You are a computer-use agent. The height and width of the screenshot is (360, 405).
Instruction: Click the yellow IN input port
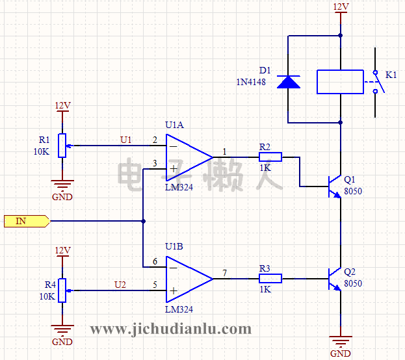pyautogui.click(x=27, y=221)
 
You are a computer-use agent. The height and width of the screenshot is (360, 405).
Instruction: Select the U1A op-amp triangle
pyautogui.click(x=186, y=157)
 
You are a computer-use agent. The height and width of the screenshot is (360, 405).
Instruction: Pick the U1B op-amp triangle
pyautogui.click(x=186, y=278)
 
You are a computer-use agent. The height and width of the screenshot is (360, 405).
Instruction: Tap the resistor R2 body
pyautogui.click(x=270, y=157)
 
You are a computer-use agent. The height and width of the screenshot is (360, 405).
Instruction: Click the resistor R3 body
pyautogui.click(x=270, y=278)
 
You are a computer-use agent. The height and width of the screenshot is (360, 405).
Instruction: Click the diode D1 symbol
pyautogui.click(x=289, y=82)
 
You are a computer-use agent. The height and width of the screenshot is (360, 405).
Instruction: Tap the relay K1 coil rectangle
pyautogui.click(x=340, y=82)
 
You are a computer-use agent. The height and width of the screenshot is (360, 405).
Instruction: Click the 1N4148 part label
pyautogui.click(x=250, y=83)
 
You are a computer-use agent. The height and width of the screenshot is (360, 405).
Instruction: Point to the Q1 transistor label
pyautogui.click(x=350, y=179)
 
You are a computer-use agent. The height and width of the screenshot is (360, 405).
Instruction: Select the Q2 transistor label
pyautogui.click(x=350, y=272)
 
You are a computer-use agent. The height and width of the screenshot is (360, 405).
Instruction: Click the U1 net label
pyautogui.click(x=126, y=140)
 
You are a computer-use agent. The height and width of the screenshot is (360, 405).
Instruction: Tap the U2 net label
pyautogui.click(x=121, y=284)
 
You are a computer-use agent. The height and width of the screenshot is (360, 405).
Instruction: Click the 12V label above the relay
pyautogui.click(x=341, y=7)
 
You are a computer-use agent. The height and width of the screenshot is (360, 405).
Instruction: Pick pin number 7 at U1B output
pyautogui.click(x=224, y=273)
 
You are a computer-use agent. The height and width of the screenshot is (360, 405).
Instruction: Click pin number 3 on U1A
pyautogui.click(x=154, y=163)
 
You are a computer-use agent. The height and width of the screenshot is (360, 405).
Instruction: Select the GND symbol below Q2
pyautogui.click(x=340, y=341)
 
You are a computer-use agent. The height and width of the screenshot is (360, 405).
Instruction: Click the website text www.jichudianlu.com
pyautogui.click(x=170, y=329)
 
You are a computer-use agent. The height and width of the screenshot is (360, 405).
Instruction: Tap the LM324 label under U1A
pyautogui.click(x=179, y=187)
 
